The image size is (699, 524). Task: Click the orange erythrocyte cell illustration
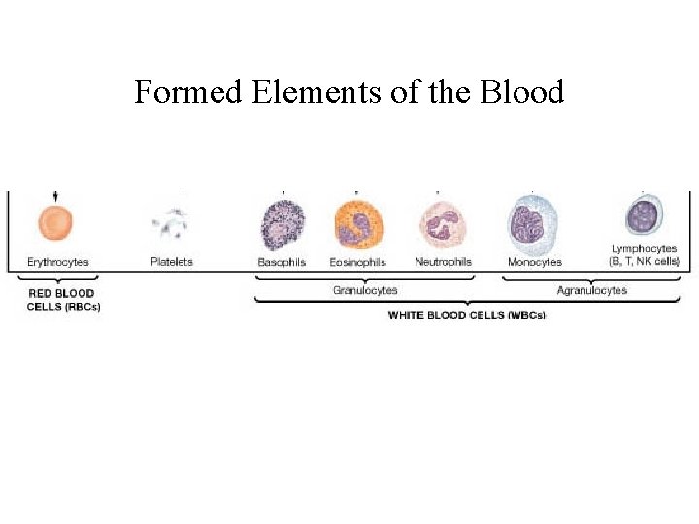(56, 224)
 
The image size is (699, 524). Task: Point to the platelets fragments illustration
(171, 225)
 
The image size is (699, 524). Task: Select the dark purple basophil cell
(283, 225)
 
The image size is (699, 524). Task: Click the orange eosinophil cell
(358, 226)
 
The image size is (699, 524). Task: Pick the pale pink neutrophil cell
(443, 225)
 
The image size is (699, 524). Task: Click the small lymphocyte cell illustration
(643, 216)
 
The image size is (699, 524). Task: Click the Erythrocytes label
(57, 262)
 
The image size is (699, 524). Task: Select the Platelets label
(172, 262)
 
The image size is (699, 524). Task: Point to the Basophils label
(282, 262)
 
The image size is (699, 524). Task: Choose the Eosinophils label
(357, 262)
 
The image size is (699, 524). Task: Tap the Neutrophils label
(443, 262)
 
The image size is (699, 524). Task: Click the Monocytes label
(534, 262)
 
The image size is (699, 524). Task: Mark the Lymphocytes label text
(645, 249)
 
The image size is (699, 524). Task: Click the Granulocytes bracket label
(365, 290)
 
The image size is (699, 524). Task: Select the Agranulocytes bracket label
(592, 290)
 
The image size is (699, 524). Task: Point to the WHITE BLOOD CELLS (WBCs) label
(467, 315)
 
